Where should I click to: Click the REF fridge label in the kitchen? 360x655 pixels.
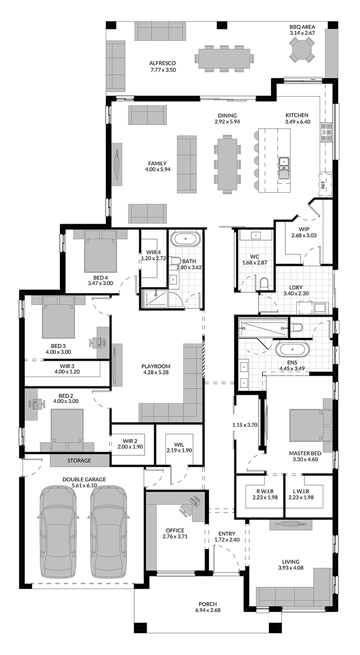pos(323,185)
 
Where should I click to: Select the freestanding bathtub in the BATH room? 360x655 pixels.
pos(186,239)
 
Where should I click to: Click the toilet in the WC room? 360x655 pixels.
pos(264,284)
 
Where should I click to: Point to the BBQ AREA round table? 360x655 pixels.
pos(302,51)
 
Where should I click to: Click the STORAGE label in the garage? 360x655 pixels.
pos(79,461)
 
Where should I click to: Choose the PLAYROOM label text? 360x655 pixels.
pos(156,366)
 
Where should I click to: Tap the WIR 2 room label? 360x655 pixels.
pos(130,441)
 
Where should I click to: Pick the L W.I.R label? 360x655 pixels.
pos(301,491)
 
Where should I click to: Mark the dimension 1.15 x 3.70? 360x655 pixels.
pos(245,425)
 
